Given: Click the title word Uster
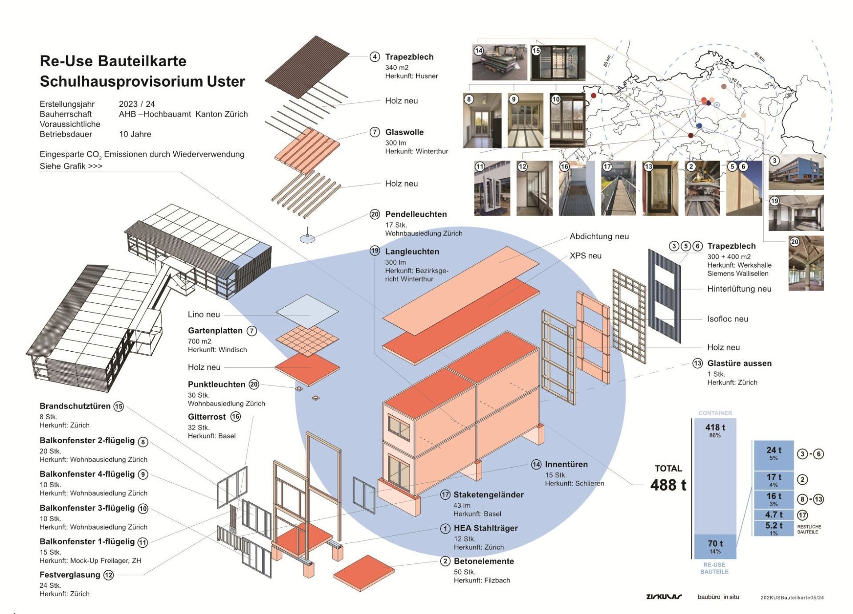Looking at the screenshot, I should tap(226, 81).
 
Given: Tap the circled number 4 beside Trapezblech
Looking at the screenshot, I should tap(375, 57).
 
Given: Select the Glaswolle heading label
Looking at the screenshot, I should tap(404, 132).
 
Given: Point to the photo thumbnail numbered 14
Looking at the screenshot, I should tap(499, 62).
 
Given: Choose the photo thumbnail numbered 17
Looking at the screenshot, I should tap(618, 189).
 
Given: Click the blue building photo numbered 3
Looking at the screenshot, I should tap(796, 173).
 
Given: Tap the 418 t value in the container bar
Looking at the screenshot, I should tap(715, 427).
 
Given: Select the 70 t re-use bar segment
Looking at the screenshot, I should tap(715, 546).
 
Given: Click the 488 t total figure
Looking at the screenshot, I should tap(668, 485).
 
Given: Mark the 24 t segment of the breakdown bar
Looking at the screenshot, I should tap(773, 453).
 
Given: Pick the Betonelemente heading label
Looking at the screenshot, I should tap(483, 561).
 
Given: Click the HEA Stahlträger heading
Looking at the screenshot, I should tap(486, 528).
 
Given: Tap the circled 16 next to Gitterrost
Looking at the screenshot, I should tap(235, 417).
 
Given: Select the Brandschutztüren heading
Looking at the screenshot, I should tap(75, 406).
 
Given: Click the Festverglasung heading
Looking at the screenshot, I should tap(70, 574).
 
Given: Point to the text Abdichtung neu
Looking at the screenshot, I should tap(599, 237).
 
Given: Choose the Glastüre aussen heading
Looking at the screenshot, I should tap(739, 363).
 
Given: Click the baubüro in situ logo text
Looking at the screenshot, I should tap(718, 597).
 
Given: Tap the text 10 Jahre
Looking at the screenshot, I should tap(135, 134).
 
